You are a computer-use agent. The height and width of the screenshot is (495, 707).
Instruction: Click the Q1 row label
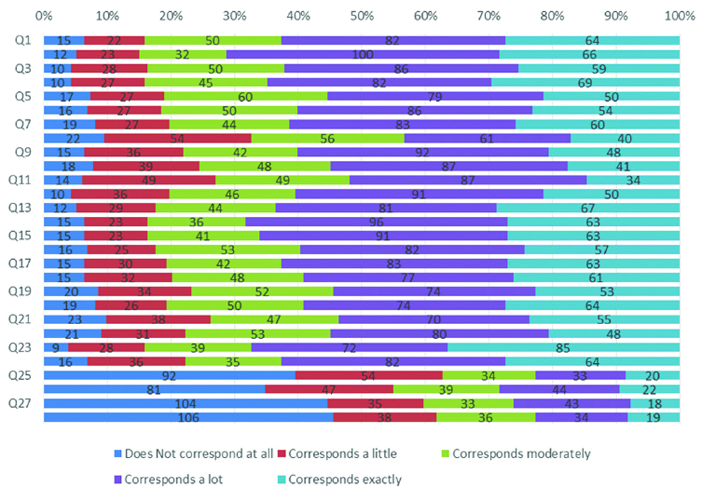point(23,41)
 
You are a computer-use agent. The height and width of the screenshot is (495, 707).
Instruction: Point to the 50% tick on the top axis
point(361,14)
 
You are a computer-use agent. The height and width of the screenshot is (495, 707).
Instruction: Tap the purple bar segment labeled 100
point(363,54)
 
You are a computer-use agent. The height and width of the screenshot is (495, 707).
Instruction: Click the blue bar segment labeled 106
point(188,417)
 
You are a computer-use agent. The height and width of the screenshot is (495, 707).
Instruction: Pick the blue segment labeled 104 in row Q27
point(185,403)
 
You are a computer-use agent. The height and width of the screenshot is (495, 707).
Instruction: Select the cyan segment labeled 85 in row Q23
point(563,347)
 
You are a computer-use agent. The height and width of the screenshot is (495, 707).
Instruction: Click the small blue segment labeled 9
point(56,347)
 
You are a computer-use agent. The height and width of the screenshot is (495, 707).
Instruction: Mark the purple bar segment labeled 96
point(376,222)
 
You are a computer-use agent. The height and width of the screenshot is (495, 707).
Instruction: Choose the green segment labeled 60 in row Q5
point(245,96)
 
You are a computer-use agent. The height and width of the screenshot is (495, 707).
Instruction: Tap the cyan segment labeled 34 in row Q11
point(633,180)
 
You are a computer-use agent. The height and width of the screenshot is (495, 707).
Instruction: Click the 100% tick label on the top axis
point(680,14)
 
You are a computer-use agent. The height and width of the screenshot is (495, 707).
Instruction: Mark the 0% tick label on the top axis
point(43,14)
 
